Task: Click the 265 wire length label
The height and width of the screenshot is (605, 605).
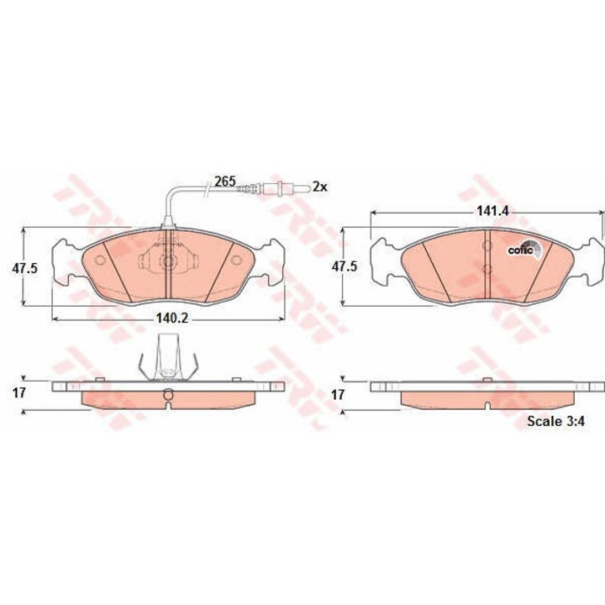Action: point(225,181)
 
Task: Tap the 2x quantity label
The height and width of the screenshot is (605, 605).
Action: point(319,187)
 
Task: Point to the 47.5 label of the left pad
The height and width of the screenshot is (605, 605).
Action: point(24,268)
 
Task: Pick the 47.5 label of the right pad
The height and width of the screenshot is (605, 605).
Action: point(345,266)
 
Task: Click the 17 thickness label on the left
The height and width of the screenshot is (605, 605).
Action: point(18,393)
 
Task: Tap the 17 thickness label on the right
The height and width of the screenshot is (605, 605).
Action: point(338,395)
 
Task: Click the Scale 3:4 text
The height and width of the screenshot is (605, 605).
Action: point(555,421)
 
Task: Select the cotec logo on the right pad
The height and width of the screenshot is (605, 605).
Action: point(524,250)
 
